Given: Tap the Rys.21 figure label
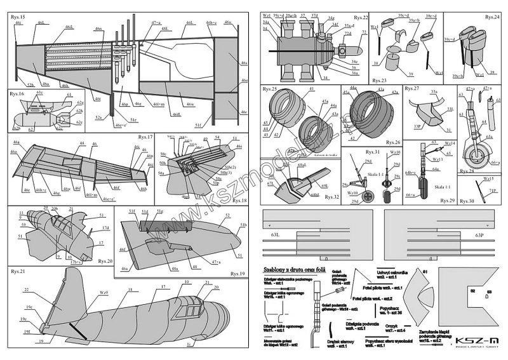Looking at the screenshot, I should tap(18, 271).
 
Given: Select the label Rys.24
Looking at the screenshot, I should tap(491, 17).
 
